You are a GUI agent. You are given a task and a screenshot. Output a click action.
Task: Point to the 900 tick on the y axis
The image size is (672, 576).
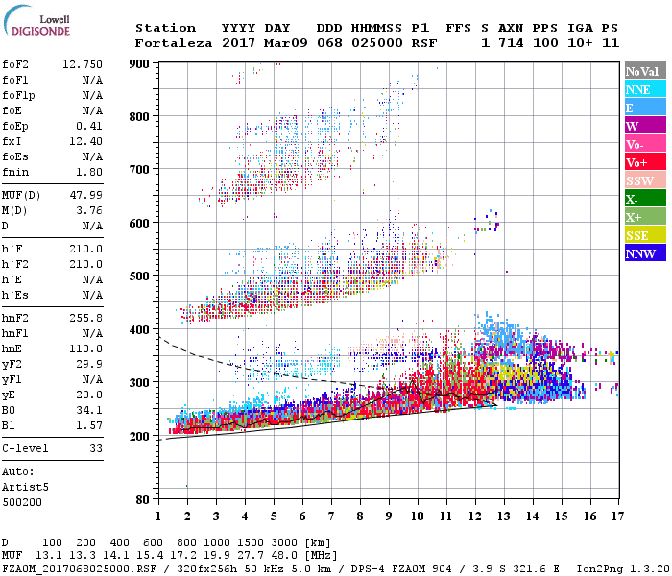[x=141, y=63]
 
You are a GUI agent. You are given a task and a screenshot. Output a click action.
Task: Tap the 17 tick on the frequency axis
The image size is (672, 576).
[x=615, y=517]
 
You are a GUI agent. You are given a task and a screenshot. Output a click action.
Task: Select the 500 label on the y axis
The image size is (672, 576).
[x=141, y=276]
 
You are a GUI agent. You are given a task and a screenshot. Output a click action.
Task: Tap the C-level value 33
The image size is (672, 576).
[x=96, y=448]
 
